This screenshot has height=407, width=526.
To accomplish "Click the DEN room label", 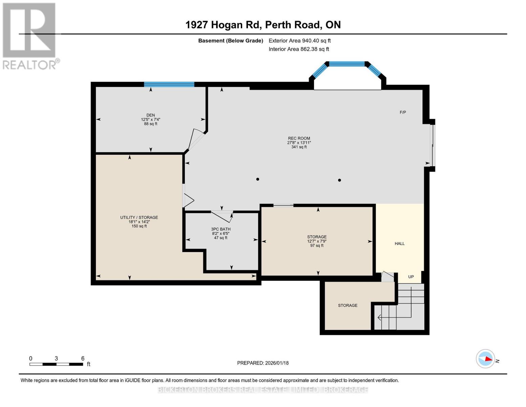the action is [x=151, y=115].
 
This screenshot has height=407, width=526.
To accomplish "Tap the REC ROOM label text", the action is [x=299, y=138].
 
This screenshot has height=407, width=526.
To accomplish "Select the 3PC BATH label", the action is [x=221, y=229].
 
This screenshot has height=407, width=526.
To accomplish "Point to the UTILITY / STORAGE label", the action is [x=139, y=217].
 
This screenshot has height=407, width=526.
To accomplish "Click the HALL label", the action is [x=400, y=244].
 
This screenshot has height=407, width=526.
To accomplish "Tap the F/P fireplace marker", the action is [x=403, y=112].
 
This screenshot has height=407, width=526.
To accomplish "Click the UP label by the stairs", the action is [x=411, y=277].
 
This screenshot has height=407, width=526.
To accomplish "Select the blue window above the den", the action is [x=169, y=84].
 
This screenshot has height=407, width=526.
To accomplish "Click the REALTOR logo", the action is [x=30, y=36].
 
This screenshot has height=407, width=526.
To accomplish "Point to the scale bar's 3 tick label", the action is [x=57, y=358].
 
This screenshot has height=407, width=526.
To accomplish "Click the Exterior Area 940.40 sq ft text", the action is [x=300, y=41].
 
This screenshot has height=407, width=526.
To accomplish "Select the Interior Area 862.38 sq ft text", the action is [x=299, y=49].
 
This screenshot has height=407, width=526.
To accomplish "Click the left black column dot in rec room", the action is [x=258, y=179].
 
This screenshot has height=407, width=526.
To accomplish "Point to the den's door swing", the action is [x=196, y=139].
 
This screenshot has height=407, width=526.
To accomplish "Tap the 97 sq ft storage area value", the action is [x=317, y=246].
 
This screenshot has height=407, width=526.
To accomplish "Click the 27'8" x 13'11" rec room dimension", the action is [x=299, y=143].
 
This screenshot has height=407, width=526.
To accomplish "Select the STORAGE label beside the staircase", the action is [x=348, y=306].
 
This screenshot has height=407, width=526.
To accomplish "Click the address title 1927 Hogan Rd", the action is [x=223, y=25].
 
